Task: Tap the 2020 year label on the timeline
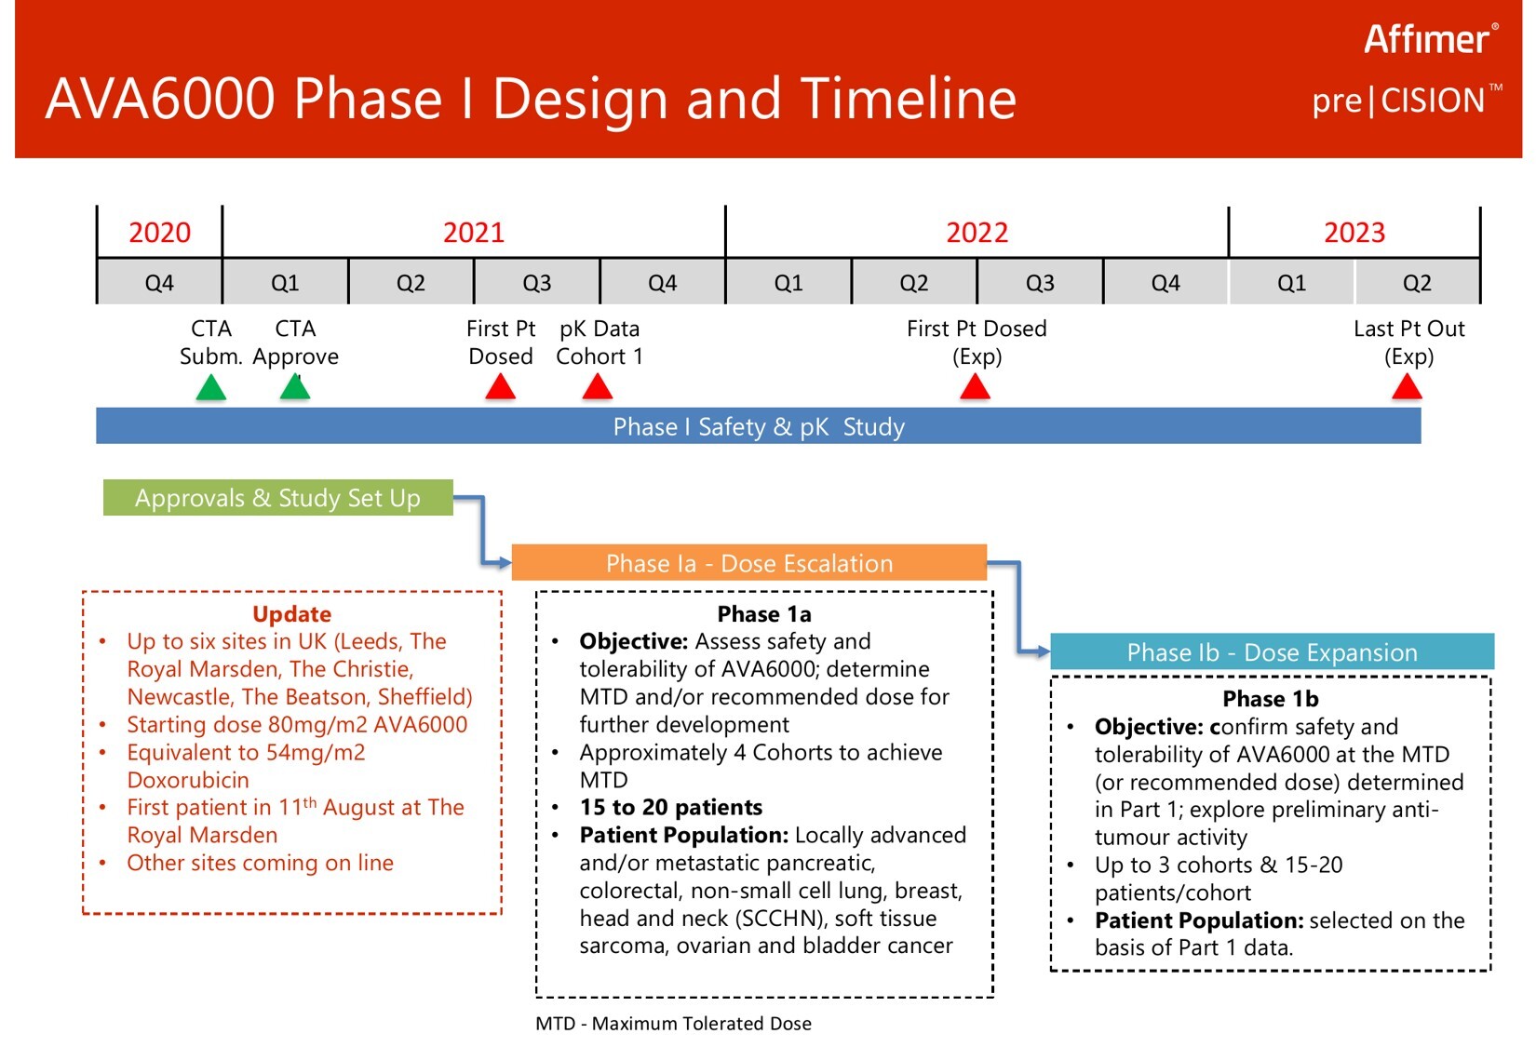coord(160,233)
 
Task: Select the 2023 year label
coord(1354,233)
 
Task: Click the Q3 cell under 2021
coord(537,283)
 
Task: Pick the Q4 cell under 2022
coord(1165,283)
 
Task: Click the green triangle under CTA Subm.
coord(211,387)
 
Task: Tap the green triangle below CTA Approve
coord(295,387)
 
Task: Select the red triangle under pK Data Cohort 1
coord(598,387)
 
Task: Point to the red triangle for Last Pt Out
coord(1408,387)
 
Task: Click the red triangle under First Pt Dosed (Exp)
coord(975,387)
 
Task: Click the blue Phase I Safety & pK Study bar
coord(759,426)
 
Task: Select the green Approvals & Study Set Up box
coord(277,498)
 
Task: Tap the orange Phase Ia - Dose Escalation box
coord(748,563)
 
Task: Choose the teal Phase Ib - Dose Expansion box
coord(1272,651)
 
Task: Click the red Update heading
coord(291,613)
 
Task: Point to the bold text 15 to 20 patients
coord(670,807)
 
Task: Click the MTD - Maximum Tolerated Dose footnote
coord(673,1024)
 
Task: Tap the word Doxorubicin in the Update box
coord(188,780)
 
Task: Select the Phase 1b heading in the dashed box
coord(1271,699)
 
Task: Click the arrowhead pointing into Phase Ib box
coord(1044,651)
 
